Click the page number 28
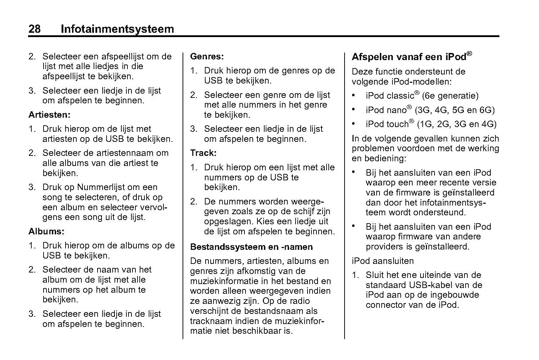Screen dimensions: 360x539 [x=35, y=29]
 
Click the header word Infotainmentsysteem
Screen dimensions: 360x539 [x=117, y=29]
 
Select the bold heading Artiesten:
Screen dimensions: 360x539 [x=49, y=115]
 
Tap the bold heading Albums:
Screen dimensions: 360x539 [x=46, y=231]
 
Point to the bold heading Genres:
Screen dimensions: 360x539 [x=207, y=57]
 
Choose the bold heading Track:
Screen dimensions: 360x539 [x=203, y=153]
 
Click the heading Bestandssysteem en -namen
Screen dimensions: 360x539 [x=251, y=247]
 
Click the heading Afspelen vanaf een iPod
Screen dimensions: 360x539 [x=409, y=57]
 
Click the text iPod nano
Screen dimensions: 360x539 [x=386, y=110]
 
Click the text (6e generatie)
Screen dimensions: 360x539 [x=450, y=96]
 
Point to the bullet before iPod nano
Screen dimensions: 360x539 [x=354, y=109]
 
